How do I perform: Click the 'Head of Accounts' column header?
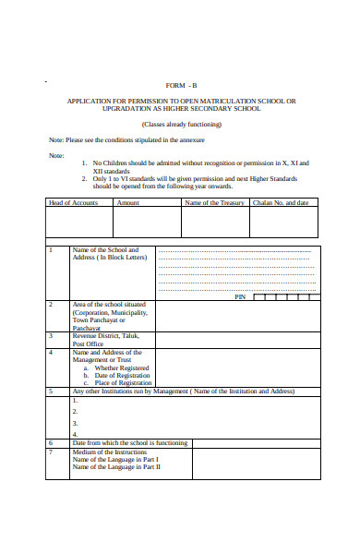pyautogui.click(x=73, y=202)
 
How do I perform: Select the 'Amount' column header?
pyautogui.click(x=128, y=202)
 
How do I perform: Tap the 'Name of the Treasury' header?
pyautogui.click(x=214, y=202)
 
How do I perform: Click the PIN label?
pyautogui.click(x=240, y=297)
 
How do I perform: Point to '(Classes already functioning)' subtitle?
pyautogui.click(x=180, y=124)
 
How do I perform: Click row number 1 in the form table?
pyautogui.click(x=51, y=250)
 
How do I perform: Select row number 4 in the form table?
pyautogui.click(x=51, y=352)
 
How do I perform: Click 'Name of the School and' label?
pyautogui.click(x=105, y=250)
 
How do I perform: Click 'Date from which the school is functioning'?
pyautogui.click(x=129, y=442)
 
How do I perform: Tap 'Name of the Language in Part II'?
pyautogui.click(x=116, y=466)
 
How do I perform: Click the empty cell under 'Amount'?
pyautogui.click(x=146, y=223)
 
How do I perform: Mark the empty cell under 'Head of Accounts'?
pyautogui.click(x=79, y=223)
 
